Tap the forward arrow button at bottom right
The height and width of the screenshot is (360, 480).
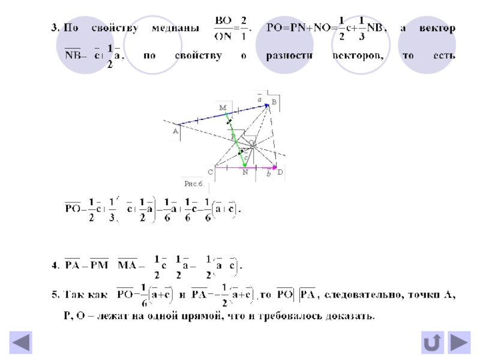[459, 343]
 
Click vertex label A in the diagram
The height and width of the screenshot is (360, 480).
[175, 130]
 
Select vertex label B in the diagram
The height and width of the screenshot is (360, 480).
[274, 103]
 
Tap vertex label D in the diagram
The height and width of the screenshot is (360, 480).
[280, 172]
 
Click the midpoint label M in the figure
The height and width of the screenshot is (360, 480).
[222, 107]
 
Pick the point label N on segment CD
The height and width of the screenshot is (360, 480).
[245, 172]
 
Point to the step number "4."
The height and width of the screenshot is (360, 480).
[54, 265]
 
